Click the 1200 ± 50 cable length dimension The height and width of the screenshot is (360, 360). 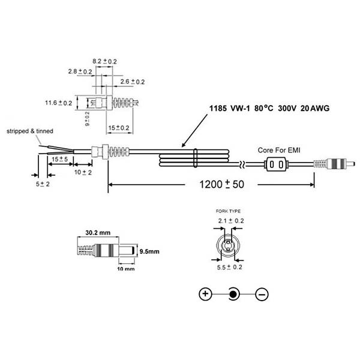221,184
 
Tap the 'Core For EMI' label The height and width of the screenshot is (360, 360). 279,150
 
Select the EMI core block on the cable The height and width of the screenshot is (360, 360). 276,164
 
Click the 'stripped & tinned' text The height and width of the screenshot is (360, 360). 30,131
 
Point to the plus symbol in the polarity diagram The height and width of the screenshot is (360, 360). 205,294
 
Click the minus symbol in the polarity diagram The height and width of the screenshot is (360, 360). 262,294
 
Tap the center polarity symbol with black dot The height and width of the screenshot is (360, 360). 233,294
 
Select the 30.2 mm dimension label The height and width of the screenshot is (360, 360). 98,233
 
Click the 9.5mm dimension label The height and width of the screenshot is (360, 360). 149,251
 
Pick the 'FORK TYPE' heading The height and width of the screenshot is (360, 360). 228,211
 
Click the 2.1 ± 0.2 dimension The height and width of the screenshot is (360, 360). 231,221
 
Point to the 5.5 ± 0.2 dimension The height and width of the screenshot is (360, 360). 230,267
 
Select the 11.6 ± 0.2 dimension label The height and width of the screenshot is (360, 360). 59,103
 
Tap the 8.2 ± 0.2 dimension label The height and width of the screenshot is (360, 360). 104,61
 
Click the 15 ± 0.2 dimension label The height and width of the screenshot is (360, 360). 119,128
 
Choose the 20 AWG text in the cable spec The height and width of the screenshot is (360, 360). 315,108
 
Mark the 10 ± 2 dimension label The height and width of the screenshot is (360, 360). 83,172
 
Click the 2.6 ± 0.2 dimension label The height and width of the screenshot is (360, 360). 133,82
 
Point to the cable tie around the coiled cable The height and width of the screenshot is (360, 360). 196,158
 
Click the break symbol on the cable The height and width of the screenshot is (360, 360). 242,164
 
